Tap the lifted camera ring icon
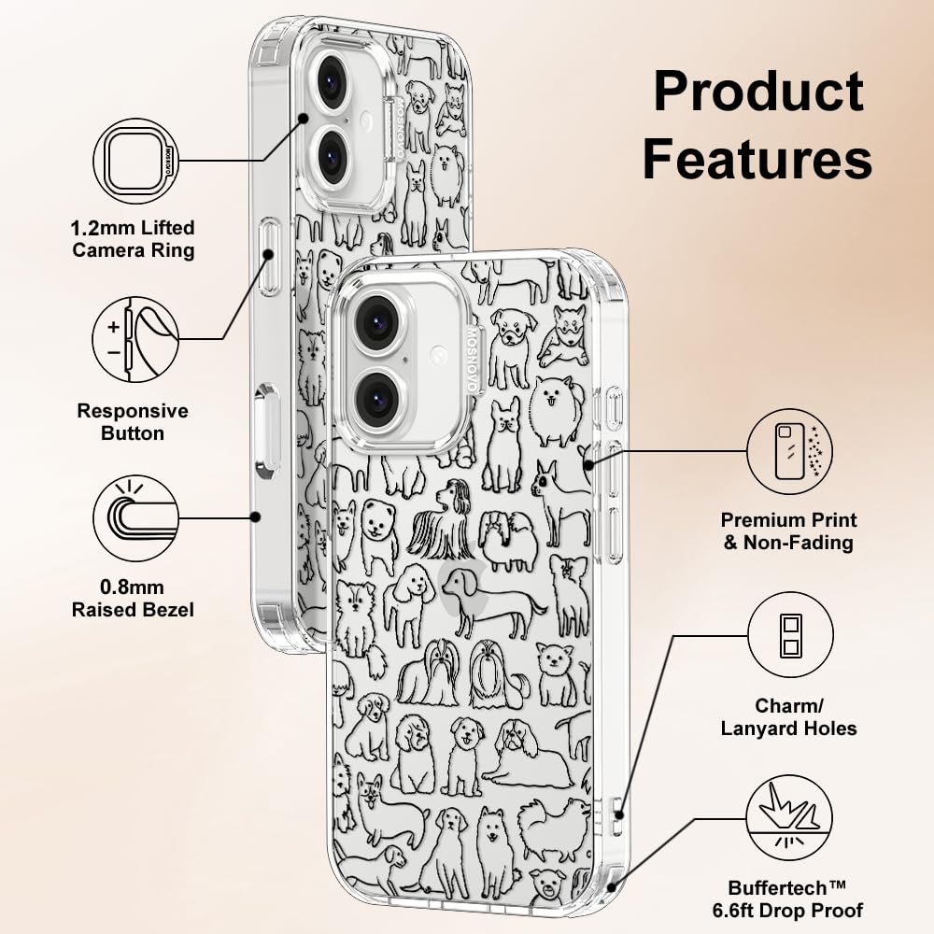pos(135,160)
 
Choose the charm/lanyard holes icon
pos(790,638)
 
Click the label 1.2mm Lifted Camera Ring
pos(134,238)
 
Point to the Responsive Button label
pos(133,421)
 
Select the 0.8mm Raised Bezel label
pos(134,599)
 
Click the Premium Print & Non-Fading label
pos(789,531)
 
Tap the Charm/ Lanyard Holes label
pos(789,715)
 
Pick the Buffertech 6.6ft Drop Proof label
pos(796,898)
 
